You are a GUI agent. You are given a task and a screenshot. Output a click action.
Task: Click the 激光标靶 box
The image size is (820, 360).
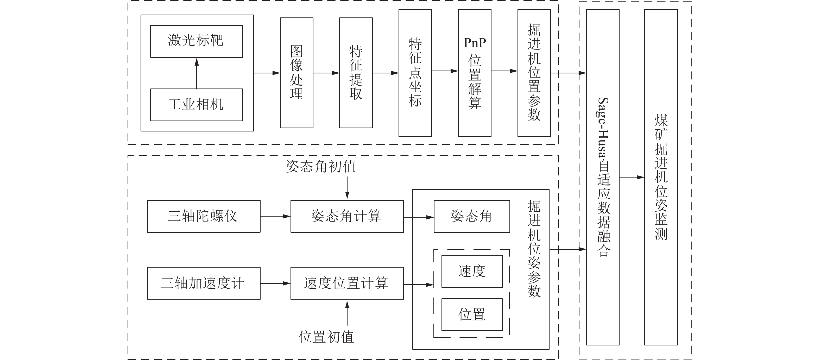196,41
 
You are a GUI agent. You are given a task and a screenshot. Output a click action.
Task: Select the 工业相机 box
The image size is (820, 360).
196,105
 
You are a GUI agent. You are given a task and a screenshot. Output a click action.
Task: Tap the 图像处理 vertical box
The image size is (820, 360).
296,73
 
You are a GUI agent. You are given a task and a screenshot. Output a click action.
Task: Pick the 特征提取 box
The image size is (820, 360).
356,73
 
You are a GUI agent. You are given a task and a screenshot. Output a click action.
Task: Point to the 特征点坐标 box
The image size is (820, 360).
415,73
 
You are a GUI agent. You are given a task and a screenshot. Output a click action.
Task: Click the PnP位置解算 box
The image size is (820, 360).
474,73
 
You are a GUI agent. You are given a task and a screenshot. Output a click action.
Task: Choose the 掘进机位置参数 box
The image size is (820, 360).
534,73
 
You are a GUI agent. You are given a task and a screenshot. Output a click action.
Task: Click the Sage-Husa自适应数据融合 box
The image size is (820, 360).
602,177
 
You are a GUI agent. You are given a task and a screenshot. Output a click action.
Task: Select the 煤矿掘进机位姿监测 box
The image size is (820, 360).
661,177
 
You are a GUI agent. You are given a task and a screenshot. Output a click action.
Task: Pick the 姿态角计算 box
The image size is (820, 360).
347,216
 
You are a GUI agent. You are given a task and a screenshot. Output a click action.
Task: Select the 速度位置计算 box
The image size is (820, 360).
347,283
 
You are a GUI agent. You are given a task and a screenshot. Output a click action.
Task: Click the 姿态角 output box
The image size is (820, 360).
471,216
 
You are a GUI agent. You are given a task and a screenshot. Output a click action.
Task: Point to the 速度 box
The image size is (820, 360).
472,271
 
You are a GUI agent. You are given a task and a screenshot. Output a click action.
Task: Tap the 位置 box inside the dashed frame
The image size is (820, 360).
472,314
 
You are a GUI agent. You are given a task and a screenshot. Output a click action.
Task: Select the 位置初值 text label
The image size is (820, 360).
326,337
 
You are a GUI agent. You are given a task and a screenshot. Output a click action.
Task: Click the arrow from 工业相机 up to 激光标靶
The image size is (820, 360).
197,73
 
